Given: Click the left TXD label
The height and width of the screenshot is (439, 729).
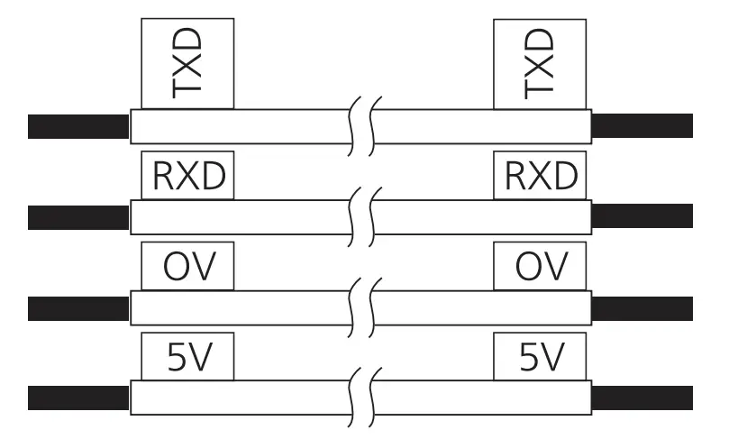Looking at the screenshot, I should [187, 62].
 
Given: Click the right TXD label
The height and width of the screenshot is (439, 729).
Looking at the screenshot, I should [540, 62].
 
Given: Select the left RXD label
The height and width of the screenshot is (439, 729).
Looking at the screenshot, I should [187, 176].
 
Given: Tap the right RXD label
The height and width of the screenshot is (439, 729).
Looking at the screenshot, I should [540, 176].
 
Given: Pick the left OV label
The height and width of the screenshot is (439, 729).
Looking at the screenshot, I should [187, 267].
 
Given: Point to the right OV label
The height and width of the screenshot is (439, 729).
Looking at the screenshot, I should [540, 267].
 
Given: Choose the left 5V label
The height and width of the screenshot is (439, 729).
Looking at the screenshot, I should [187, 358].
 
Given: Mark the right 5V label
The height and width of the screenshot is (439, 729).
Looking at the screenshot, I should [540, 358].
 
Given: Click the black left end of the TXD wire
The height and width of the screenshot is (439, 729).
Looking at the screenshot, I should [78, 126].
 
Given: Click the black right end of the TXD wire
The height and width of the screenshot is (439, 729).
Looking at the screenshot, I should [642, 126].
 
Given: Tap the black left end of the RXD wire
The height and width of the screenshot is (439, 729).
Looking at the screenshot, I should [78, 217].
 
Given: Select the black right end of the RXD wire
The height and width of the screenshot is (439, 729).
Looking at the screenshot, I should [642, 217].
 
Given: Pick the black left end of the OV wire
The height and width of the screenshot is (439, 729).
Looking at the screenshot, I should [78, 308].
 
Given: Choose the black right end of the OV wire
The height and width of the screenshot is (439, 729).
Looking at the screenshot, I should [642, 308].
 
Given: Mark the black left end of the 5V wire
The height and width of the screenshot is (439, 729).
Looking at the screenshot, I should [78, 398].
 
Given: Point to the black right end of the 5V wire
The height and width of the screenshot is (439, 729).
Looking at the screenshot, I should [642, 398].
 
